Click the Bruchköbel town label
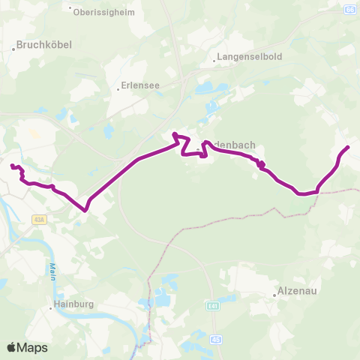click(x=44, y=44)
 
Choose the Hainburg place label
click(x=73, y=304)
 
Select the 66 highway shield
click(x=349, y=8)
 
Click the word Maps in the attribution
click(x=32, y=347)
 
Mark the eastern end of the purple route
click(x=348, y=147)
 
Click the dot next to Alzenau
click(x=275, y=295)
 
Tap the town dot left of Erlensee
click(x=118, y=88)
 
